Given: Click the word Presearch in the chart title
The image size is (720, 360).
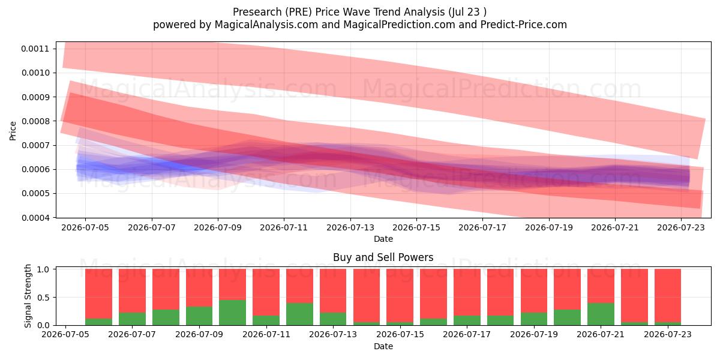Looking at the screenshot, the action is pyautogui.click(x=257, y=12).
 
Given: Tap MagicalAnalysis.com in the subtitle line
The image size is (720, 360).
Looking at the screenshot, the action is pyautogui.click(x=266, y=25).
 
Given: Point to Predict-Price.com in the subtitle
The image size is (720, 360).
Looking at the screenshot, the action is pyautogui.click(x=524, y=25).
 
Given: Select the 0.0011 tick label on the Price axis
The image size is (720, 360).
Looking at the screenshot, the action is pyautogui.click(x=35, y=49).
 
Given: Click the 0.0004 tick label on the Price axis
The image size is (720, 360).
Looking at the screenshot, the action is pyautogui.click(x=35, y=218).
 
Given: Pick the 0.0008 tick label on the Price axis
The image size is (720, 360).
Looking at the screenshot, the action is pyautogui.click(x=35, y=121).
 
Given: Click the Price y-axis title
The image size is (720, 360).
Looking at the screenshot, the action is pyautogui.click(x=13, y=131).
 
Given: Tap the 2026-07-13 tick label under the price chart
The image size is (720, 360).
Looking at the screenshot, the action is pyautogui.click(x=350, y=228).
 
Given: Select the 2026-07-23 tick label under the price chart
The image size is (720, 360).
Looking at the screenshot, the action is pyautogui.click(x=681, y=228).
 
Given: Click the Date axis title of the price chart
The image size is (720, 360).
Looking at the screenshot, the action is pyautogui.click(x=383, y=239).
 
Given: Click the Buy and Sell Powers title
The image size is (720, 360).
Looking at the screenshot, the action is pyautogui.click(x=383, y=257).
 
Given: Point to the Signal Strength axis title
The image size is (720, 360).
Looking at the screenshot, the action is pyautogui.click(x=28, y=296).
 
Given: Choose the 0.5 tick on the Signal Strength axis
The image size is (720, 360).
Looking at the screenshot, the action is pyautogui.click(x=43, y=298).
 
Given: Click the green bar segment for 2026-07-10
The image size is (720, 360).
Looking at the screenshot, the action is pyautogui.click(x=232, y=313).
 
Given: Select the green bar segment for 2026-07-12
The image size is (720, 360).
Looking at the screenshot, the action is pyautogui.click(x=299, y=314).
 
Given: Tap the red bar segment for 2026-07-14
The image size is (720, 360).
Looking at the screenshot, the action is pyautogui.click(x=367, y=296).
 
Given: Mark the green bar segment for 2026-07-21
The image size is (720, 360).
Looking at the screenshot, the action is pyautogui.click(x=601, y=314).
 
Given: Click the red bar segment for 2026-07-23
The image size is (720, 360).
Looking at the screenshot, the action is pyautogui.click(x=668, y=296).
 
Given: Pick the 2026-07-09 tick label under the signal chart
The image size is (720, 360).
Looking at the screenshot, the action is pyautogui.click(x=199, y=335).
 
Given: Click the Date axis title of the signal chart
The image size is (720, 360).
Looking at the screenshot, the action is pyautogui.click(x=383, y=346).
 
